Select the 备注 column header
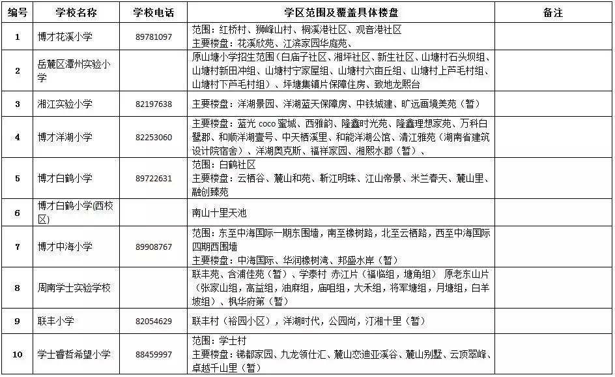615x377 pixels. point(552,12)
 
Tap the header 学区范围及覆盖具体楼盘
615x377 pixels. point(341,12)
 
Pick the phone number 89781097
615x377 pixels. point(154,37)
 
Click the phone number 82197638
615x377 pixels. point(154,104)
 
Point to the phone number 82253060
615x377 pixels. point(154,138)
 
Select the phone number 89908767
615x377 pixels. point(154,247)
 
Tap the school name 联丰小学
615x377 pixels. point(56,321)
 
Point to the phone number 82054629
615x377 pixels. point(154,321)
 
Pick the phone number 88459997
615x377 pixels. point(154,354)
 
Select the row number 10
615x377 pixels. point(18,354)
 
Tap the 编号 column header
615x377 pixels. point(18,12)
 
